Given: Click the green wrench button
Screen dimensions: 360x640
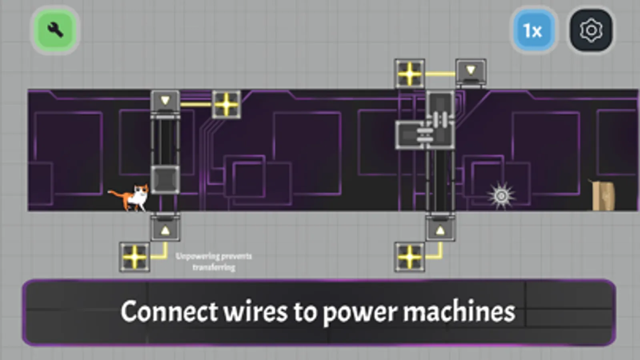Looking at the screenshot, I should click(x=55, y=30).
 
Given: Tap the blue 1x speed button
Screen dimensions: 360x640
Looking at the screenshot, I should click(x=533, y=31).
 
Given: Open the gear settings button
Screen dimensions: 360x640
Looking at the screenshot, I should click(x=591, y=31).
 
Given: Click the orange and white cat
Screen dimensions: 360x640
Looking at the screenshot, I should click(x=134, y=197).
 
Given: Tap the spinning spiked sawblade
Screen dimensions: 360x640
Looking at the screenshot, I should click(x=501, y=196).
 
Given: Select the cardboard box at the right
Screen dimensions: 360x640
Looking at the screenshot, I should click(x=604, y=196).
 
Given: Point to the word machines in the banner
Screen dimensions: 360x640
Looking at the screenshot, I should click(x=459, y=312).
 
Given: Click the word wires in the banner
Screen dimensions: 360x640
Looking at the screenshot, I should click(x=255, y=312).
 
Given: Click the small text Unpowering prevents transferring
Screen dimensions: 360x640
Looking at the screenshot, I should click(x=214, y=262).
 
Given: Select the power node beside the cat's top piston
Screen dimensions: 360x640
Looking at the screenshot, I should click(x=227, y=104).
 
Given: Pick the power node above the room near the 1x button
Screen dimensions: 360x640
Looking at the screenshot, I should click(x=409, y=74).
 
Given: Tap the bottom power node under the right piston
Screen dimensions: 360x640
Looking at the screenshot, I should click(x=409, y=257).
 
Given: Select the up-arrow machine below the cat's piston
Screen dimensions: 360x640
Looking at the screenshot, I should click(x=165, y=229).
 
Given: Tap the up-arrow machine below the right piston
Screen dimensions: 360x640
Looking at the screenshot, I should click(x=440, y=229).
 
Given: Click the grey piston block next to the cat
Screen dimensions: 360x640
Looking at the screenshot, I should click(x=165, y=180).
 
